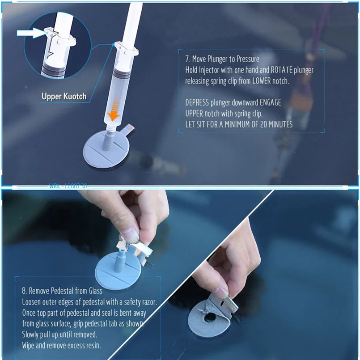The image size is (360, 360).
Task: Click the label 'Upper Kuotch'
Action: (x=64, y=96)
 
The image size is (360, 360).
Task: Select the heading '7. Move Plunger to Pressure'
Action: (x=222, y=59)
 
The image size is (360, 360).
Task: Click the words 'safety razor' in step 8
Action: (x=138, y=301)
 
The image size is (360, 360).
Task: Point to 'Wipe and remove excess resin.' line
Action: (x=62, y=345)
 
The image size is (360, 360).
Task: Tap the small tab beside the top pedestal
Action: (x=128, y=129)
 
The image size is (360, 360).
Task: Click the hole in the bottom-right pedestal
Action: (x=208, y=318)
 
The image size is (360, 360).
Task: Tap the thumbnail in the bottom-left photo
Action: (x=130, y=234)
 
